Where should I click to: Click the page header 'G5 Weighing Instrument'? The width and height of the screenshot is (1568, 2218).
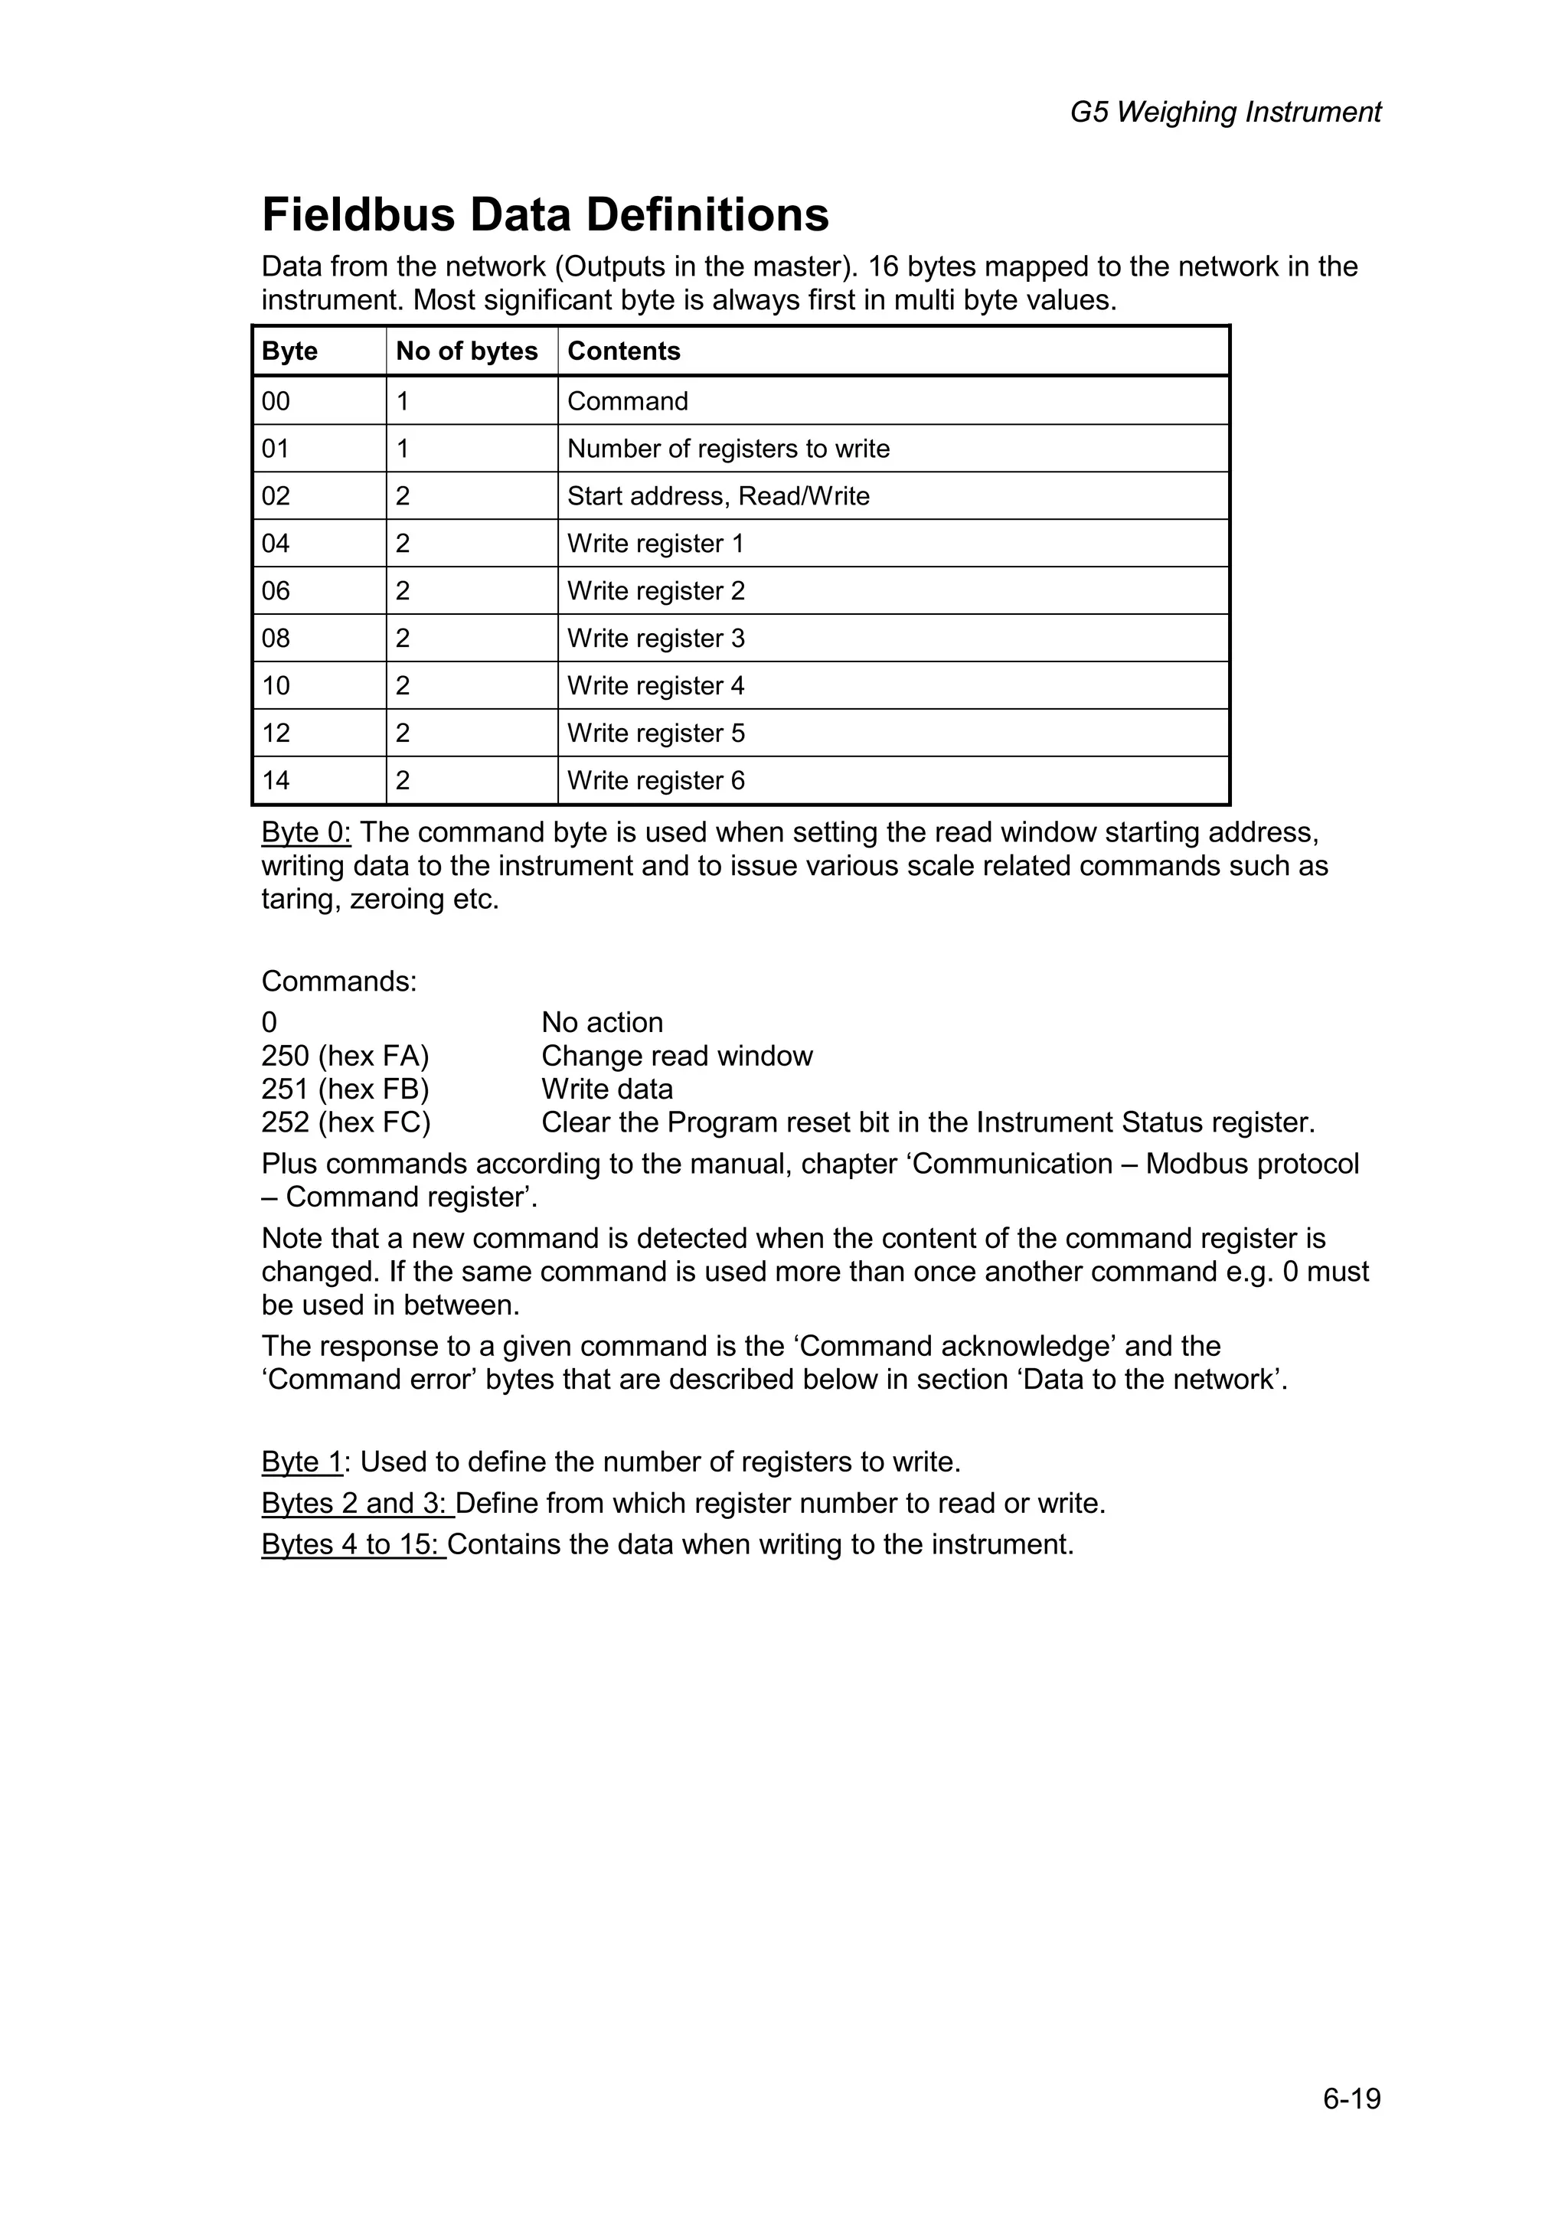[x=1224, y=112]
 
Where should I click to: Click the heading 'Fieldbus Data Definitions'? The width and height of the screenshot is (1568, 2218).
[x=545, y=214]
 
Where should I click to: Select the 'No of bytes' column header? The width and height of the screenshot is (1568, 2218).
[x=466, y=351]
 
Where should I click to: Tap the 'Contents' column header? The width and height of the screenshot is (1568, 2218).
[x=623, y=351]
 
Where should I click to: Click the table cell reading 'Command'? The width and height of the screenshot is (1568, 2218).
[x=627, y=401]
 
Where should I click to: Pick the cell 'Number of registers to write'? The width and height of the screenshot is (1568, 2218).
[x=727, y=448]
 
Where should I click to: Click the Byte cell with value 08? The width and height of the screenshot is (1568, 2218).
[x=276, y=638]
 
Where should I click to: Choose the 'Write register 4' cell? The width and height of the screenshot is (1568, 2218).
[x=655, y=685]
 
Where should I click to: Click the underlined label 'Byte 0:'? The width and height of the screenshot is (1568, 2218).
[x=305, y=831]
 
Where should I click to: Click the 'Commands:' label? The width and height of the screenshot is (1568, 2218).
[x=339, y=981]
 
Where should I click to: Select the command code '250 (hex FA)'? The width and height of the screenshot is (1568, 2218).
[x=345, y=1055]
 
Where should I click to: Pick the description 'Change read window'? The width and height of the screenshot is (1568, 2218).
[x=676, y=1055]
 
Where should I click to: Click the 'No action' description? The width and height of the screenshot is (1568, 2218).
[x=602, y=1022]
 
